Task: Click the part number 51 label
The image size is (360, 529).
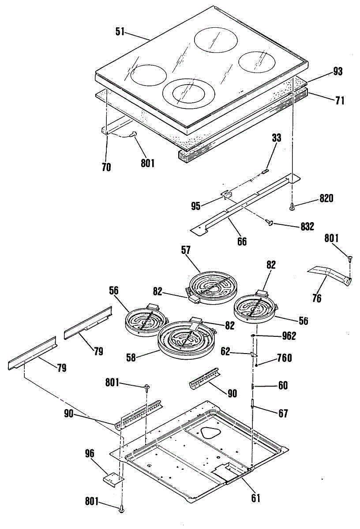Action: tap(120, 32)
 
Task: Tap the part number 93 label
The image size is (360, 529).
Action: tap(337, 71)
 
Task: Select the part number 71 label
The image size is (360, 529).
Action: tap(339, 101)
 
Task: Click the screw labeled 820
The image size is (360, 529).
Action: tap(292, 206)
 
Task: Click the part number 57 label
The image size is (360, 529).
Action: tap(185, 250)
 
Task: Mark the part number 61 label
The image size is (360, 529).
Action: tap(256, 498)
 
